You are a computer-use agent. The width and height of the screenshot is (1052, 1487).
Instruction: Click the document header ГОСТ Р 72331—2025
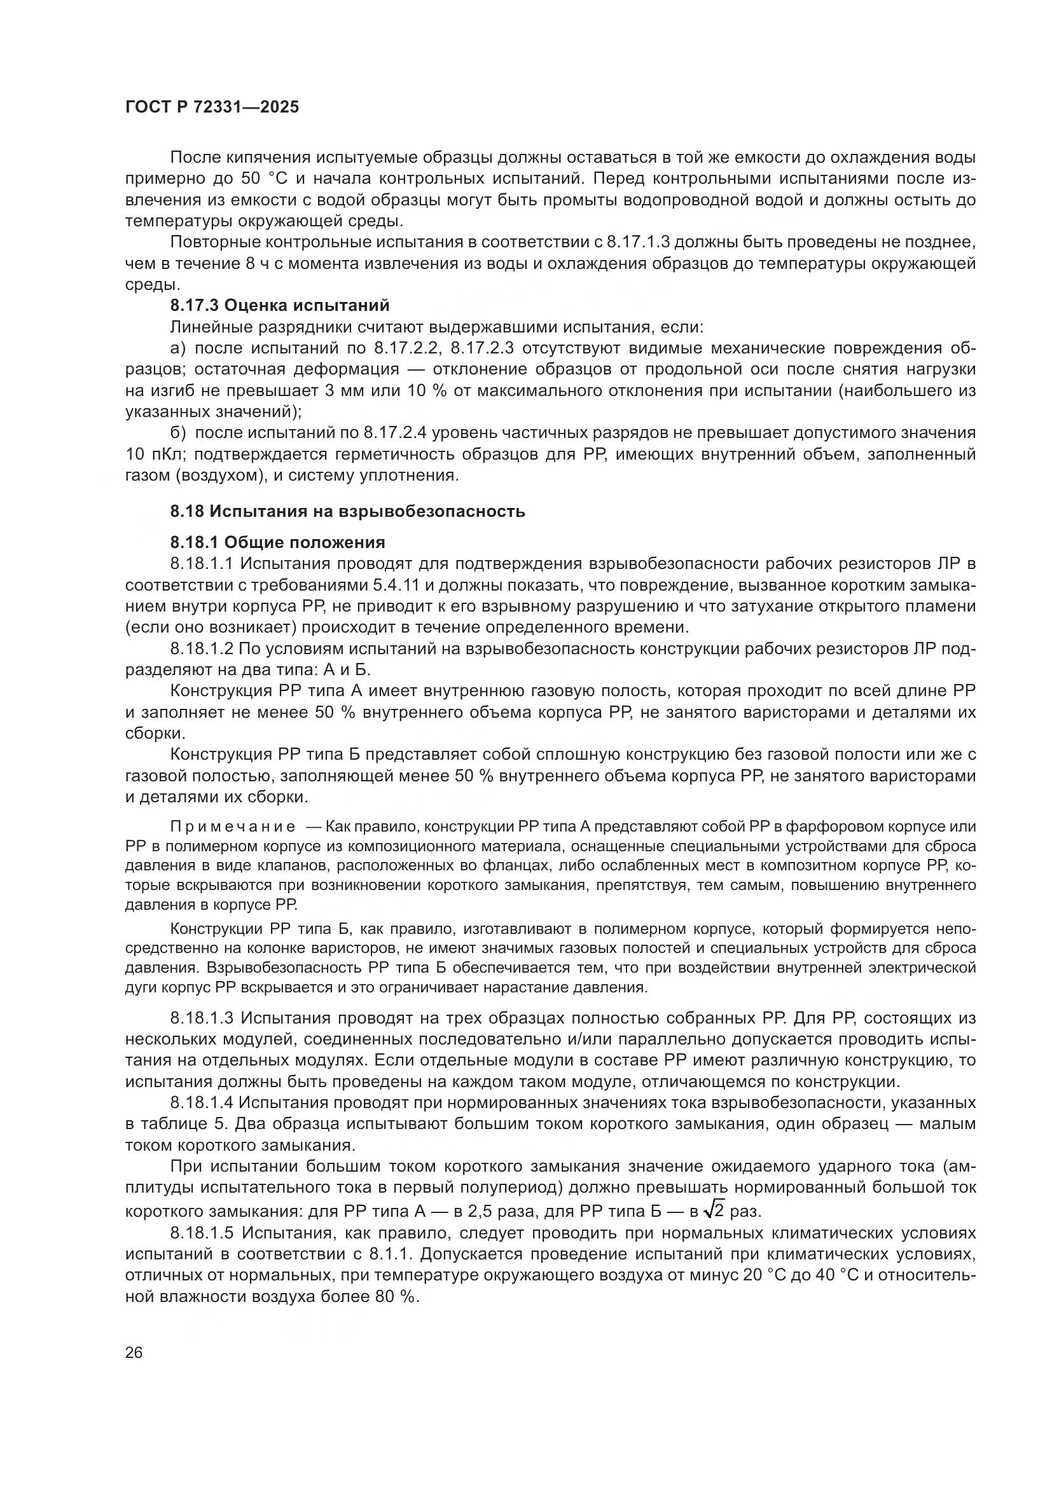tap(212, 107)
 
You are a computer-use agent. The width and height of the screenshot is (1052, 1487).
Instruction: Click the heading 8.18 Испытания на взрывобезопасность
tap(347, 512)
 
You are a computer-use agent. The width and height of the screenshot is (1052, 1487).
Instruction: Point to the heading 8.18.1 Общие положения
tap(277, 542)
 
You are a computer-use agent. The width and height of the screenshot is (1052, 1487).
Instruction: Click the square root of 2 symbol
tap(714, 1210)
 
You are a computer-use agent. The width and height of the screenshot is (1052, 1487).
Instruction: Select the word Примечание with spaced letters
tap(233, 827)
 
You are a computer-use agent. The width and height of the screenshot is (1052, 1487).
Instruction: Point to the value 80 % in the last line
tap(393, 1296)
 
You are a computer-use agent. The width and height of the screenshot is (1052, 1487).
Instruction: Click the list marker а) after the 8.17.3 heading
tap(177, 348)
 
